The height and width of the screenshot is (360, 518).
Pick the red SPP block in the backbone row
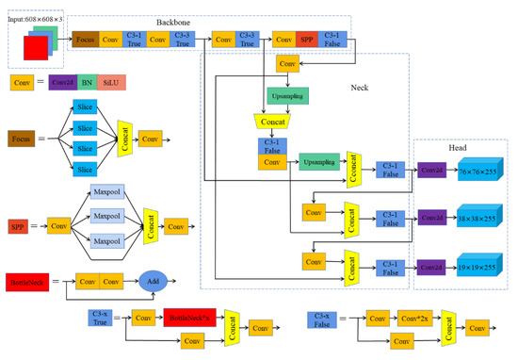click(306, 40)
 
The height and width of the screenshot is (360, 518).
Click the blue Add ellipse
click(156, 280)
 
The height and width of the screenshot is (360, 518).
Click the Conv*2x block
click(414, 320)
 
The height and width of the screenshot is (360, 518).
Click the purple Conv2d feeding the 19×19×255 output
click(431, 269)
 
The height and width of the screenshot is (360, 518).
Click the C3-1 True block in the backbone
click(135, 40)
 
